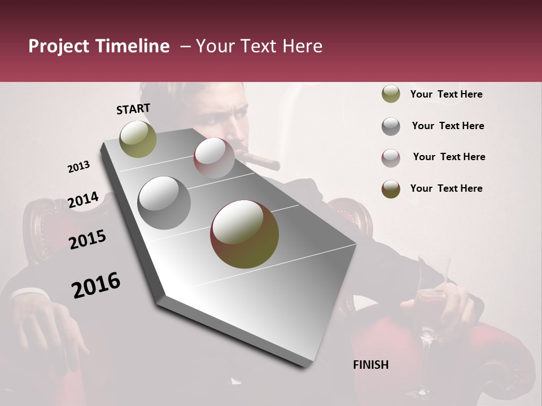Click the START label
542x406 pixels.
coord(133,109)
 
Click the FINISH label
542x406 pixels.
coord(370,365)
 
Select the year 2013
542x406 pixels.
coord(78,167)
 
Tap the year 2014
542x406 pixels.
coord(83,200)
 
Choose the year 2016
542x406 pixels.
coord(96,285)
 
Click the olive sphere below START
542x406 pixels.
coord(138,139)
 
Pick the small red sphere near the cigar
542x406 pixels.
coord(214,158)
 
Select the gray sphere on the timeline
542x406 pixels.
coord(164,203)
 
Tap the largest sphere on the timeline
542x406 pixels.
coord(244,234)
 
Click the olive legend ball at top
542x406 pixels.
coord(391,94)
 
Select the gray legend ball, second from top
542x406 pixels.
coord(391,126)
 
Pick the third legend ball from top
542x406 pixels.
coord(391,158)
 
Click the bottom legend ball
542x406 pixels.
coord(391,189)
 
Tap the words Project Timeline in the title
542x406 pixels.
coord(99,46)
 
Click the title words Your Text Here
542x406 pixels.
coord(259,46)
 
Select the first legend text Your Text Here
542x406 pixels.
coord(446,94)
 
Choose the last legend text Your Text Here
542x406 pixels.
coord(446,188)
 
